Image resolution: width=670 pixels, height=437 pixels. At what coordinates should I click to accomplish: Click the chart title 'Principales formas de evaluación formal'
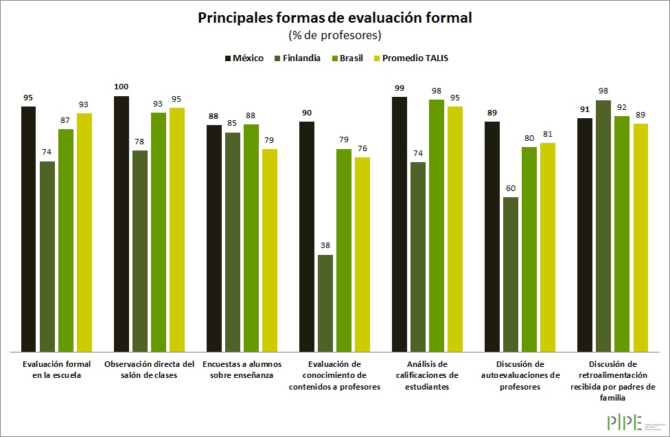[335, 18]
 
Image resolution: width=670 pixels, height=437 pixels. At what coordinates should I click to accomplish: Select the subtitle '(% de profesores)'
[335, 35]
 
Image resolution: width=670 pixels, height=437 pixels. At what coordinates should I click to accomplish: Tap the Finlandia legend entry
[297, 58]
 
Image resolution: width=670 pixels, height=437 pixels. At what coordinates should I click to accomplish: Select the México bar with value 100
[122, 223]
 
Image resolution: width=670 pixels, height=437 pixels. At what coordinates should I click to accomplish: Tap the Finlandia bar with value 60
[511, 274]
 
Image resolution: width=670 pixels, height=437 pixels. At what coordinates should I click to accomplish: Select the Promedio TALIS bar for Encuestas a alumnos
[270, 250]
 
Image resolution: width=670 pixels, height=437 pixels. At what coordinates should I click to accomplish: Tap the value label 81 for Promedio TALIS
[548, 134]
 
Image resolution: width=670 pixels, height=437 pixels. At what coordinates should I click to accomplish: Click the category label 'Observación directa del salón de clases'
[150, 369]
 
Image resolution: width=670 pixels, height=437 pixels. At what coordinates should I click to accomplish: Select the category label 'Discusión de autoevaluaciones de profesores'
[520, 375]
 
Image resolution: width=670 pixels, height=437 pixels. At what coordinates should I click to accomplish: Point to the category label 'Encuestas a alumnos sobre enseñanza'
[242, 369]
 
